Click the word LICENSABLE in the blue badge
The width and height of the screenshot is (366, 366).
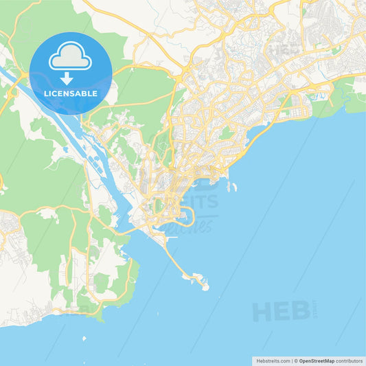pyautogui.click(x=71, y=93)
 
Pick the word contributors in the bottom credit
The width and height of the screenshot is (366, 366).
pyautogui.click(x=350, y=360)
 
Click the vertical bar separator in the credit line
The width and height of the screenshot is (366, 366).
pyautogui.click(x=292, y=360)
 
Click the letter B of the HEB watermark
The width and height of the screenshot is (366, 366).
pyautogui.click(x=299, y=311)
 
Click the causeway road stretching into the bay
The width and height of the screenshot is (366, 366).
pyautogui.click(x=175, y=258)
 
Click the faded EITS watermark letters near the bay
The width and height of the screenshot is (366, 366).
pyautogui.click(x=199, y=201)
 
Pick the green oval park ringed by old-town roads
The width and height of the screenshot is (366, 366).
pyautogui.click(x=227, y=133)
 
